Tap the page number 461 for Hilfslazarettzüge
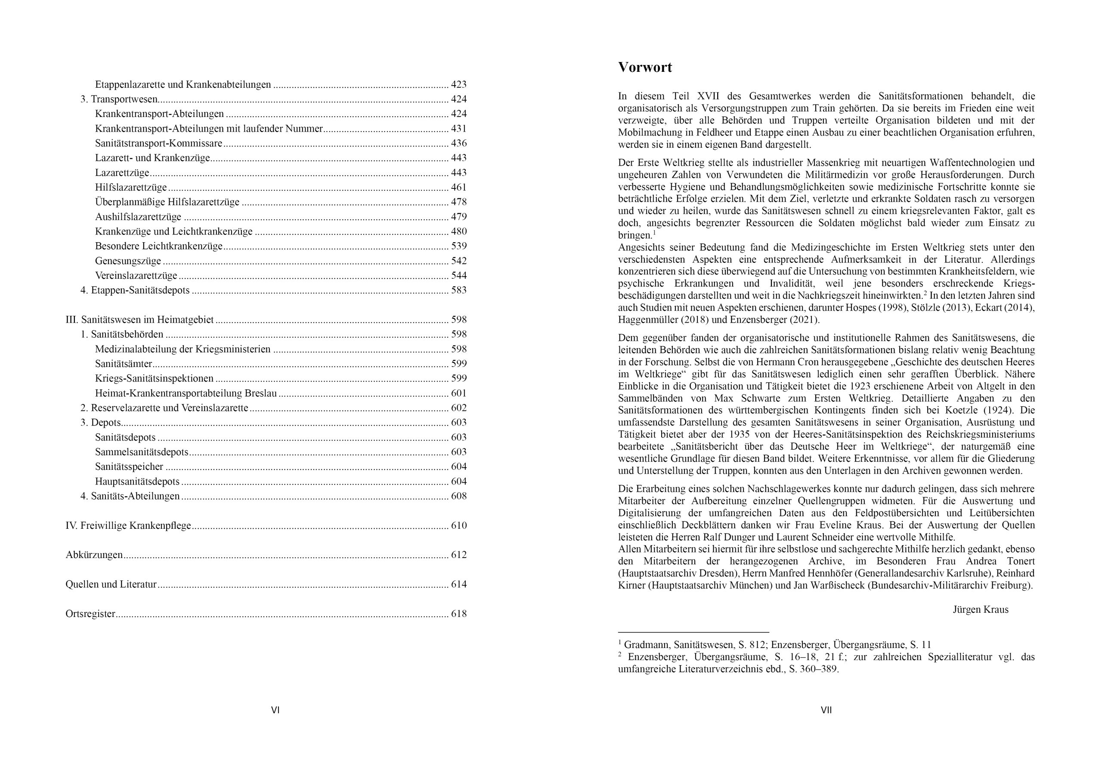pos(458,187)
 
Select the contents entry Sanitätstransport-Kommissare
pos(158,143)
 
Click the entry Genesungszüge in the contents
pos(128,261)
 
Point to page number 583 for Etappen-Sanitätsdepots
pos(458,290)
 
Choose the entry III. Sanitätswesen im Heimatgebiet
pos(139,320)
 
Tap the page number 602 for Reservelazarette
pos(458,408)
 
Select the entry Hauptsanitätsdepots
pos(137,481)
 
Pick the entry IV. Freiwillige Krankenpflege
pos(128,525)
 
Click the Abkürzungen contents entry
pos(94,555)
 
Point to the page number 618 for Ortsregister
pos(458,614)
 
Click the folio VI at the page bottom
pos(275,710)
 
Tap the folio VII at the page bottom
pos(826,710)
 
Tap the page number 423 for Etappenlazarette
pos(458,84)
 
